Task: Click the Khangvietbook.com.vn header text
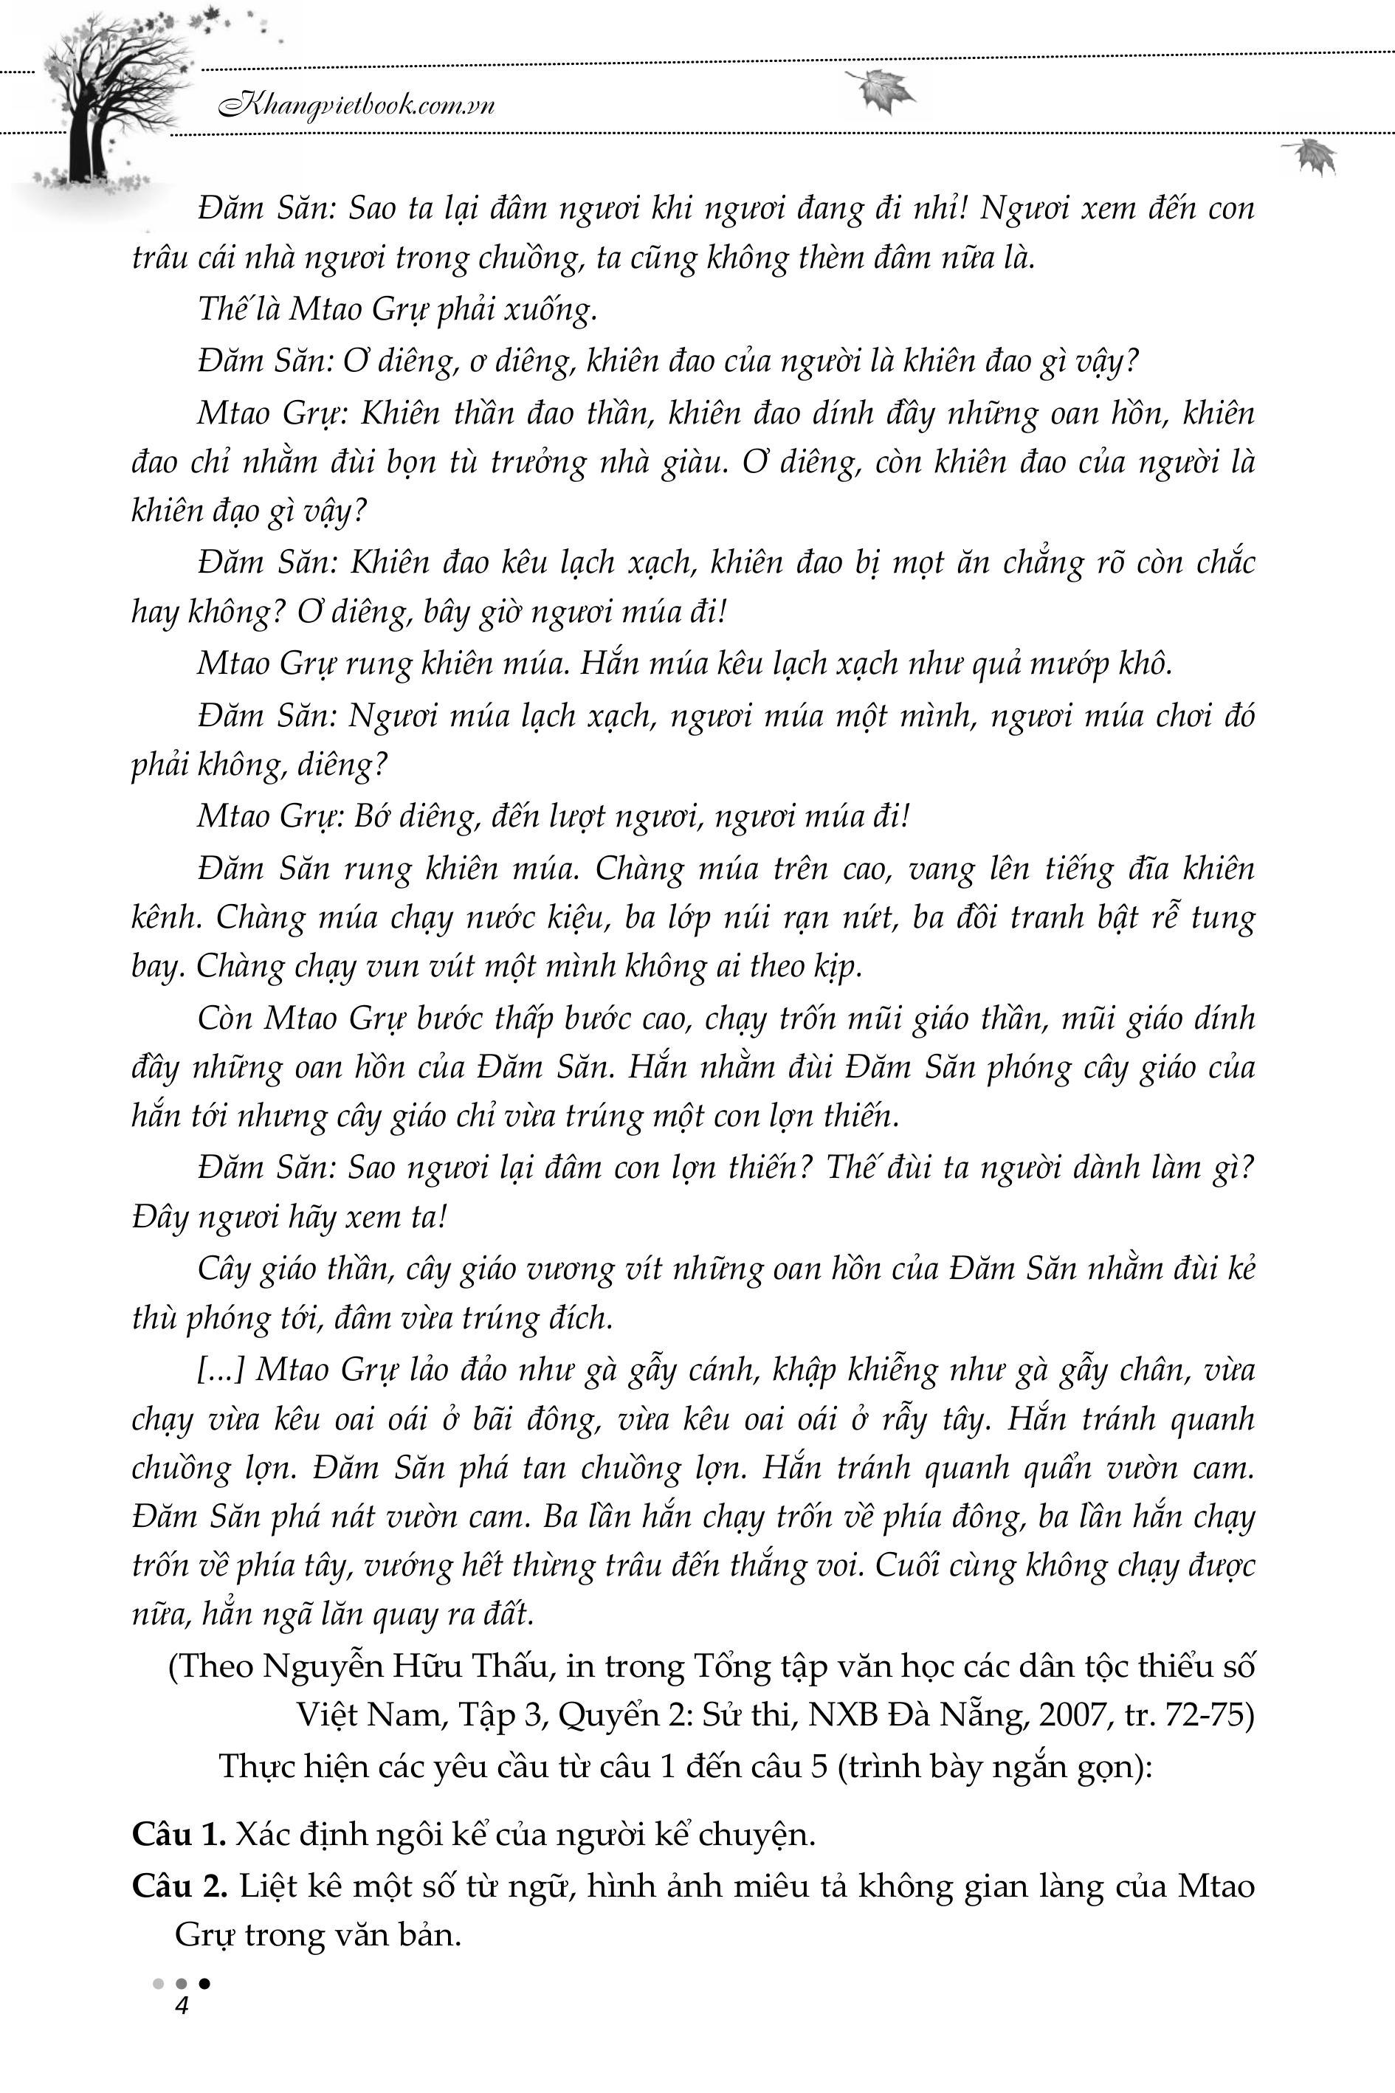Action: pos(356,106)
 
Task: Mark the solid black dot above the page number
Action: pos(204,1983)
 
